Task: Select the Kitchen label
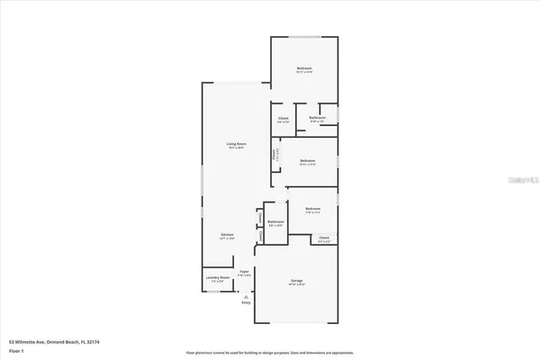click(229, 235)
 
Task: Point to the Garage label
click(295, 282)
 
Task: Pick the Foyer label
click(244, 270)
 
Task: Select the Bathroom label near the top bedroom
click(318, 117)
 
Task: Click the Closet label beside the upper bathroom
click(283, 118)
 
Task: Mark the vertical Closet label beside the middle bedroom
click(275, 154)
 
